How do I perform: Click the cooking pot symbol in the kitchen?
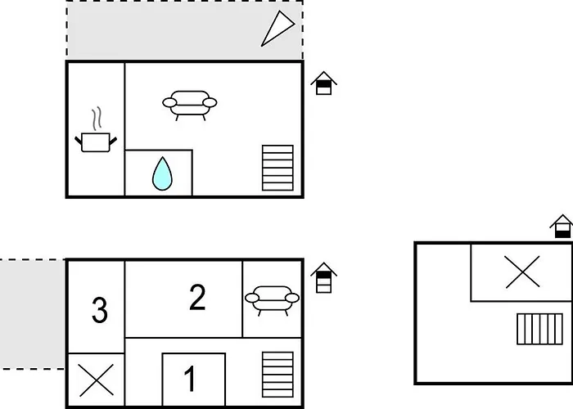pyautogui.click(x=96, y=143)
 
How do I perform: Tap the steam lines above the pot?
pyautogui.click(x=97, y=119)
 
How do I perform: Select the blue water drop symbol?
pyautogui.click(x=162, y=173)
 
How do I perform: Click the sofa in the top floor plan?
pyautogui.click(x=190, y=103)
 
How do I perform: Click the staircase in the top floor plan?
pyautogui.click(x=277, y=168)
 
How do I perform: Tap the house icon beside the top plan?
pyautogui.click(x=324, y=83)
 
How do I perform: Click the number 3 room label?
pyautogui.click(x=99, y=311)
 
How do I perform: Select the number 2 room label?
pyautogui.click(x=196, y=298)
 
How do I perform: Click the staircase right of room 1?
pyautogui.click(x=277, y=375)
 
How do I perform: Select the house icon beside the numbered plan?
pyautogui.click(x=324, y=278)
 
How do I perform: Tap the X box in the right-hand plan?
pyautogui.click(x=522, y=272)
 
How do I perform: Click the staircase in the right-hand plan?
pyautogui.click(x=540, y=329)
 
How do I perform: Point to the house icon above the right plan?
pyautogui.click(x=562, y=227)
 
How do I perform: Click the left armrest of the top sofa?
pyautogui.click(x=169, y=103)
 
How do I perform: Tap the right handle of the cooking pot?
pyautogui.click(x=114, y=141)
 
